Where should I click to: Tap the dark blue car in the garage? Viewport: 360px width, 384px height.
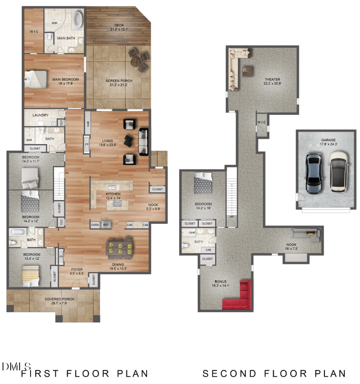coord(313,173)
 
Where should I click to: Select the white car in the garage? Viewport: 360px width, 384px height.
coord(337,172)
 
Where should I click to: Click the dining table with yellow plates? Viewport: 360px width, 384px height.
coord(120,248)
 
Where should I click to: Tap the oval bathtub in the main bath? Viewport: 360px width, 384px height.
coord(78,20)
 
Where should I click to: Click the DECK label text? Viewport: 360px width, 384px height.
coord(119,25)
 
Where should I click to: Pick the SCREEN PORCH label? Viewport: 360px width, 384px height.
coord(116,81)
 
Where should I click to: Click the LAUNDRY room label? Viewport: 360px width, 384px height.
coord(40,115)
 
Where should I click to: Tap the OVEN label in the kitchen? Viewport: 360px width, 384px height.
coord(95,225)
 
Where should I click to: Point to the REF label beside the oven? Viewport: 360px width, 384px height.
coord(106,225)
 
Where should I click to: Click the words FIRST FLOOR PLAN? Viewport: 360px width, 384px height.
coord(85,373)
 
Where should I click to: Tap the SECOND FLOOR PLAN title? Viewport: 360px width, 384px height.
coord(274,373)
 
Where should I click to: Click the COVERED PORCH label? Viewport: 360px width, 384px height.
coord(59,299)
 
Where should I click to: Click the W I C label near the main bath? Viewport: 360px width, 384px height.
coord(34,32)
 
